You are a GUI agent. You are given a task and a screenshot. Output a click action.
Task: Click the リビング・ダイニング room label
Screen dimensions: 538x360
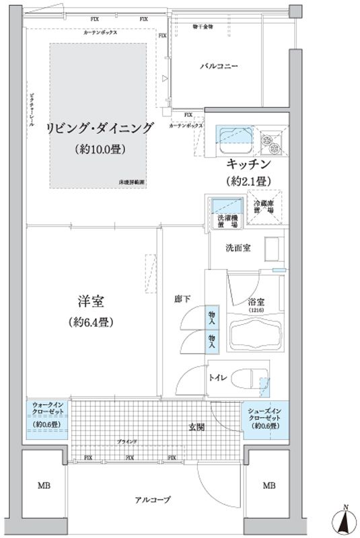100,128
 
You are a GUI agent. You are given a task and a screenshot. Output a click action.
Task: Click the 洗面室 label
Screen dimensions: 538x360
238,247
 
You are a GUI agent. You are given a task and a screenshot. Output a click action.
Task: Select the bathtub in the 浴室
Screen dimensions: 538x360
254,333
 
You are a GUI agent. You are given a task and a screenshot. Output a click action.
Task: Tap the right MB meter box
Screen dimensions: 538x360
268,485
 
